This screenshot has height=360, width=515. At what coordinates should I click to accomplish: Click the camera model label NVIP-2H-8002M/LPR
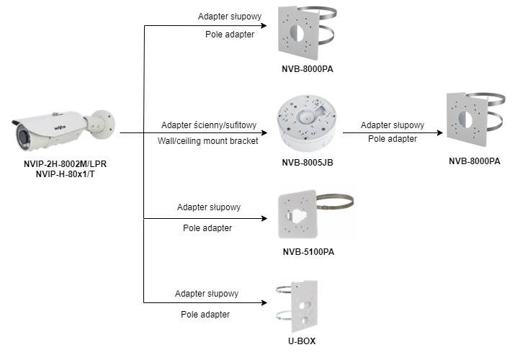pos(65,163)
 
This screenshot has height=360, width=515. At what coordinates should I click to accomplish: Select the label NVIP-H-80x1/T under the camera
pos(65,174)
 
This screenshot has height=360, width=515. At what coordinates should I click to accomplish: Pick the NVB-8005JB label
pos(308,163)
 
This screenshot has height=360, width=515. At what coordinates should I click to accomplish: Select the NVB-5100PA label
pos(308,252)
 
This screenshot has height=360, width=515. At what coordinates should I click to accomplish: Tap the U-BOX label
pos(302,341)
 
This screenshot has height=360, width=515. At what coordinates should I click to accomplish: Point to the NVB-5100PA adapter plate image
pos(298,214)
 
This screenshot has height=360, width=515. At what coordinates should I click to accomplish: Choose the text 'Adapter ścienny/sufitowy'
pos(209,125)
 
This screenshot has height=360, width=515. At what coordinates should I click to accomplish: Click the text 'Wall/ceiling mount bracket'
pos(208,141)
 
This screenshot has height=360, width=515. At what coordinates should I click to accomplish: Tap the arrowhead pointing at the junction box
pos(264,133)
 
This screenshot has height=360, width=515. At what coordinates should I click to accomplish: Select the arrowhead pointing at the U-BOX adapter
pos(264,302)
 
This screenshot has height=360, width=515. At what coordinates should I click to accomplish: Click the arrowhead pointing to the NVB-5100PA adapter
pos(264,219)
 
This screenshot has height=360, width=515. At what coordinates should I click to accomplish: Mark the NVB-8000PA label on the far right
pos(474,161)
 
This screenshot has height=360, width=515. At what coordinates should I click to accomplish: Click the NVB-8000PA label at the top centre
pos(308,69)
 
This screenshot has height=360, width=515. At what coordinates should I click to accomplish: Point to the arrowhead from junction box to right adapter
pos(440,133)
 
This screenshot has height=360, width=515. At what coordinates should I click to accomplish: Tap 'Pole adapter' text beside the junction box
pos(393,139)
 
